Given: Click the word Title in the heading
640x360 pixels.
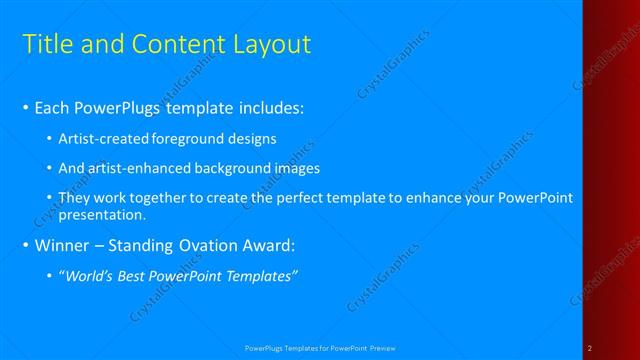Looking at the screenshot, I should click(44, 44).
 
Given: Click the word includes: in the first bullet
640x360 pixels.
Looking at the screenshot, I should click(269, 108).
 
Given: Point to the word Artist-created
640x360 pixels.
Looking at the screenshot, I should click(104, 138).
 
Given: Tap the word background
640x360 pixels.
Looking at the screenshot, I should click(242, 168).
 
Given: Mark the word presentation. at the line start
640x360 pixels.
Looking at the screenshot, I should click(103, 214).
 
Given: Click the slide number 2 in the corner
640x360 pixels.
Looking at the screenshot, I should click(590, 348).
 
